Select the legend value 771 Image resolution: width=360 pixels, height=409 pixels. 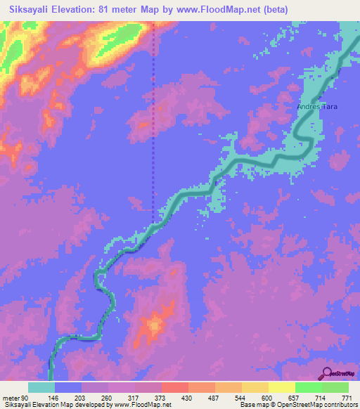coord(347,398)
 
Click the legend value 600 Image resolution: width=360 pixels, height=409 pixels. coord(266,398)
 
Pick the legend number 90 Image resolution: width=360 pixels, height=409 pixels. coord(25,398)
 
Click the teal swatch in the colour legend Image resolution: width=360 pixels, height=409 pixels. coord(41,387)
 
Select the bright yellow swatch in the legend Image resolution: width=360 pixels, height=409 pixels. coord(282,387)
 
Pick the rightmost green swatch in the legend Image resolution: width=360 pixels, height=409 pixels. coord(335,387)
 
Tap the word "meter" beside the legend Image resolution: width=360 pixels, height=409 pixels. coord(10,398)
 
